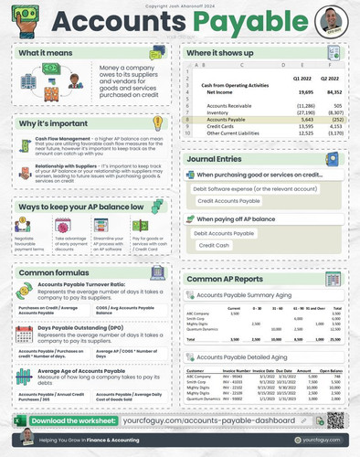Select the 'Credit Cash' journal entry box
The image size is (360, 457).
pos(215,246)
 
